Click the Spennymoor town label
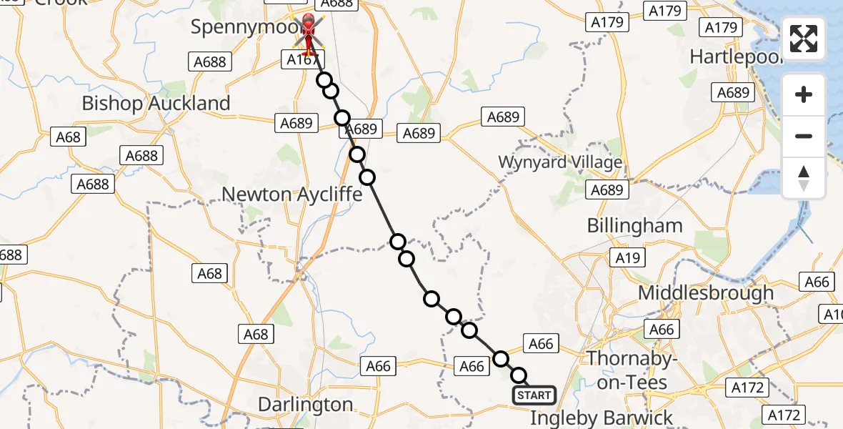(239, 27)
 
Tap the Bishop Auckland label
(156, 103)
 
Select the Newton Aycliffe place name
(291, 194)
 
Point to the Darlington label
(305, 405)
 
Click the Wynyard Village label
(560, 162)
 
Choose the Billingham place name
(634, 226)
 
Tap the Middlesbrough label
(706, 292)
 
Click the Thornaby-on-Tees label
(627, 370)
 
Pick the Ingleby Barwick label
(602, 418)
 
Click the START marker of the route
(534, 395)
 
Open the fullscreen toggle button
(804, 39)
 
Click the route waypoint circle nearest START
(519, 375)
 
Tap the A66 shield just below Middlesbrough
(662, 329)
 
